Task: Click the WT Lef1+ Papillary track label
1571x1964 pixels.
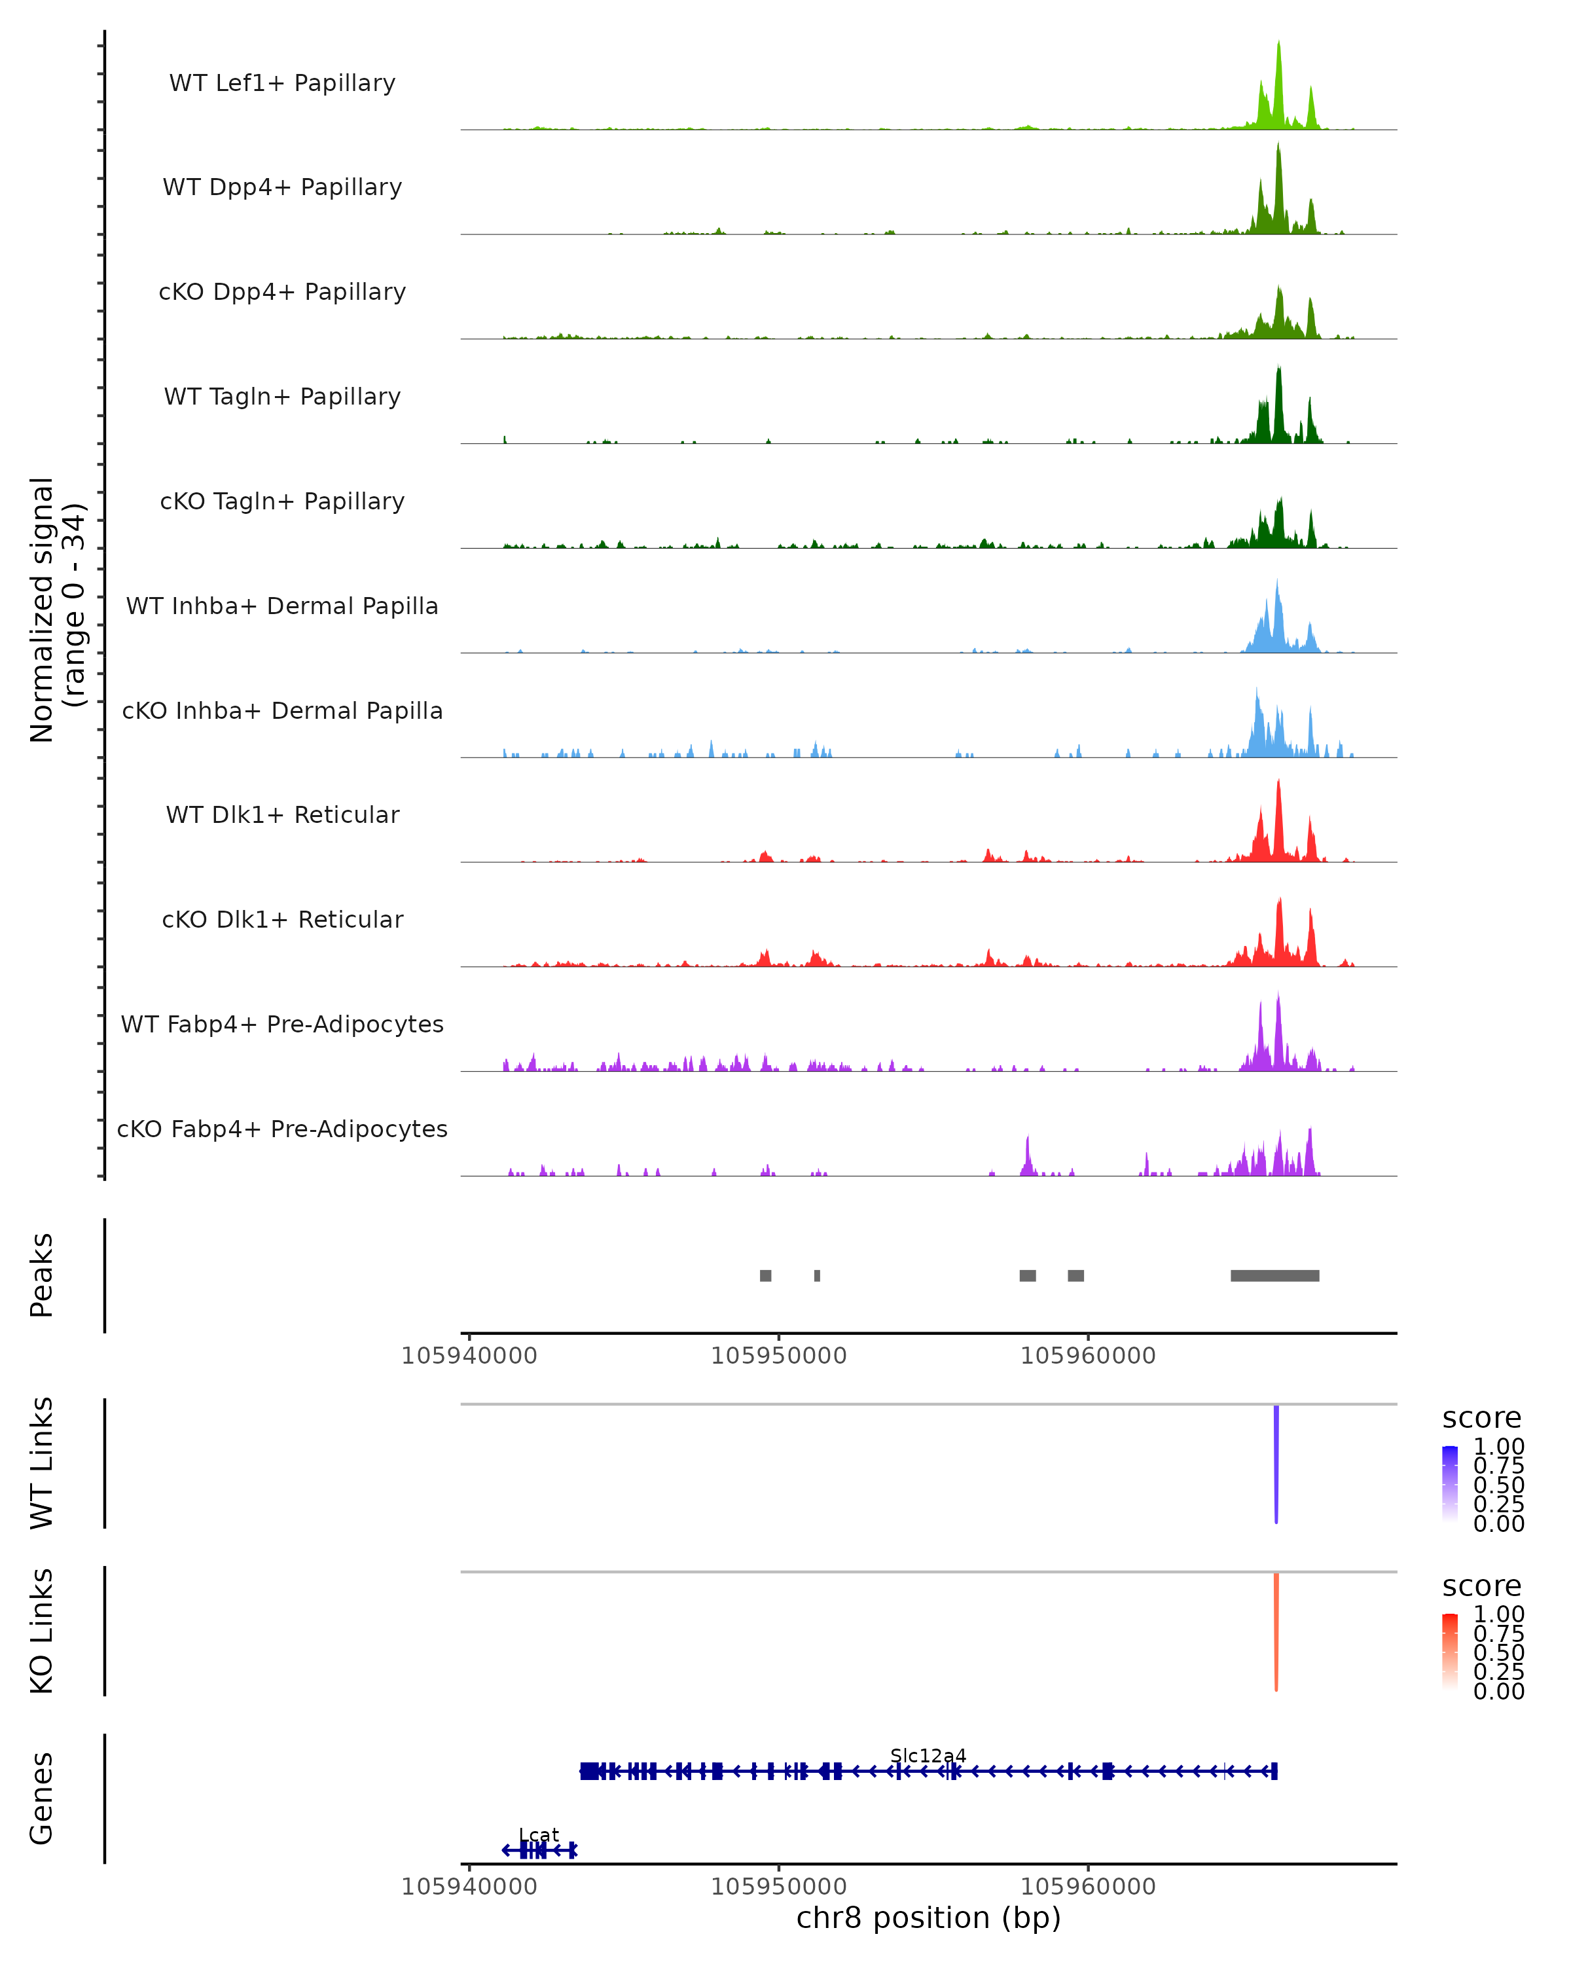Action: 282,84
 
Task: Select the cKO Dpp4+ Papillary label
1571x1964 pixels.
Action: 282,293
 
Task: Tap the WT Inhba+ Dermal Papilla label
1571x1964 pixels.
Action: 282,607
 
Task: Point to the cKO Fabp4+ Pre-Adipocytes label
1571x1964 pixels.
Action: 282,1129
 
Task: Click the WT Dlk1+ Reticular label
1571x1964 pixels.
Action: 282,815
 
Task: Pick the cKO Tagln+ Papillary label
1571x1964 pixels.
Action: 282,502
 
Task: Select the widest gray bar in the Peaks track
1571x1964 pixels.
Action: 1274,1276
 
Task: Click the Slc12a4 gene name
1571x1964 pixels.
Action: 928,1756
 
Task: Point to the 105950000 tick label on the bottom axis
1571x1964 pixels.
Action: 779,1887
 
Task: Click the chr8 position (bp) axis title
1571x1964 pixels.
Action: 928,1918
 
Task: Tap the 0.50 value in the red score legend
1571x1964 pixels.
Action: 1499,1652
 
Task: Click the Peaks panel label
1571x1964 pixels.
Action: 42,1275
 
